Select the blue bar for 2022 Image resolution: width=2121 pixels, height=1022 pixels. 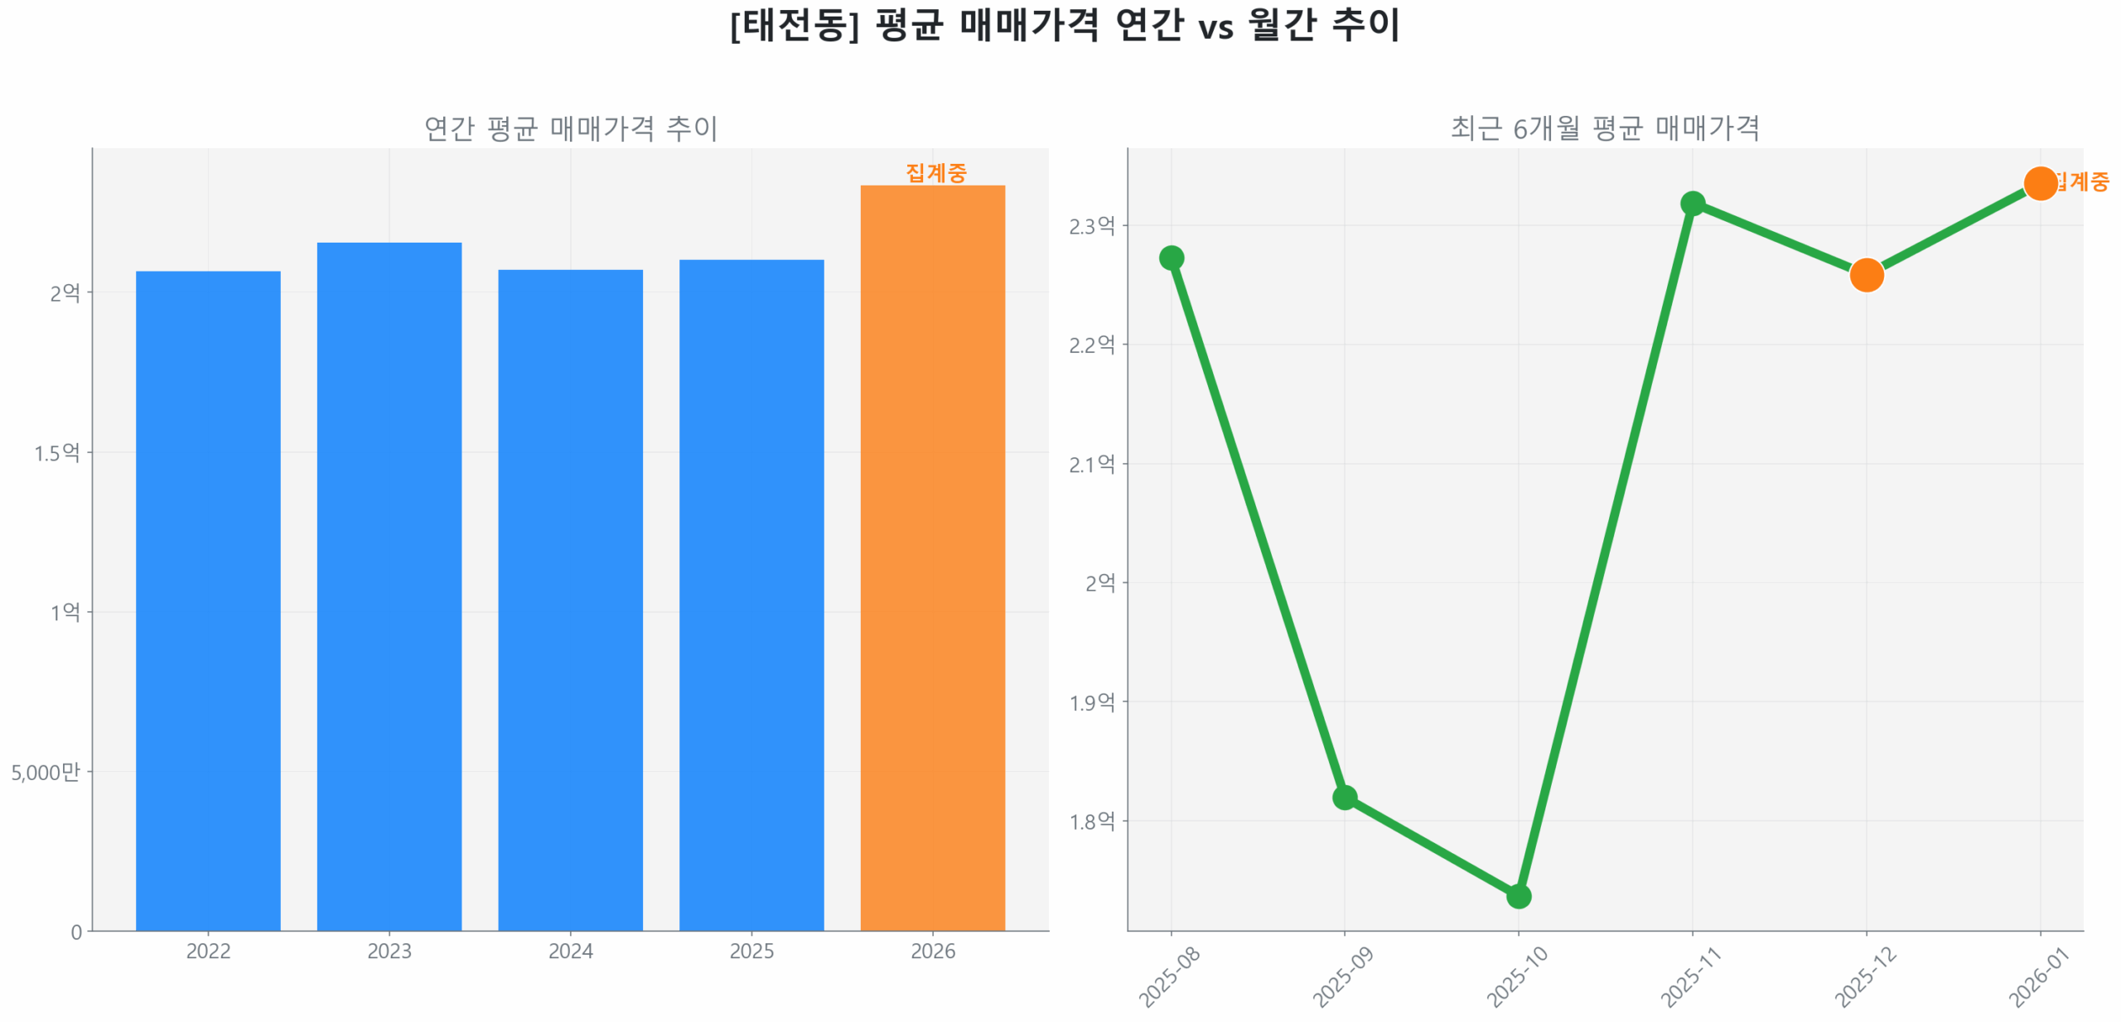pos(208,600)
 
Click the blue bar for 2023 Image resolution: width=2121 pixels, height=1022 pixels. pos(389,586)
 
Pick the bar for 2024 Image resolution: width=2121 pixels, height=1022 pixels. pos(570,600)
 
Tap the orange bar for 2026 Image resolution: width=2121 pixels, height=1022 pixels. pos(932,557)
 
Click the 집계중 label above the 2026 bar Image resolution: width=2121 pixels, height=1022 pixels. pos(935,172)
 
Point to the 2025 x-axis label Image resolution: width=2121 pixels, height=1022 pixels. pos(751,950)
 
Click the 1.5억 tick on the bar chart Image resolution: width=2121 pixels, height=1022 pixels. pos(56,452)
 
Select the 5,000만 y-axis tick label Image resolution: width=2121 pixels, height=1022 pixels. pos(46,772)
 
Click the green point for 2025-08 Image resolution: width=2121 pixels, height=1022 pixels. pos(1171,258)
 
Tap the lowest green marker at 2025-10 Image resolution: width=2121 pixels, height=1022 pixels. pos(1518,895)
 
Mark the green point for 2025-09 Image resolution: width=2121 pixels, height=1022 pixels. pos(1344,797)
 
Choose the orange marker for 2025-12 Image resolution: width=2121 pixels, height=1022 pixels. pos(1866,275)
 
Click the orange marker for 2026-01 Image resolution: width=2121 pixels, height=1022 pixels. pos(2040,183)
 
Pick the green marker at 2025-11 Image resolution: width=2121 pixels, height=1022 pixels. pos(1692,204)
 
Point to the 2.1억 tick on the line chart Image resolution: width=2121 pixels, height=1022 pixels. pos(1091,464)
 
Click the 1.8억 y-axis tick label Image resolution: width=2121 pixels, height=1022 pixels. pos(1091,821)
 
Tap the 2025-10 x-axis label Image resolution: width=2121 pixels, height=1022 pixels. pos(1517,976)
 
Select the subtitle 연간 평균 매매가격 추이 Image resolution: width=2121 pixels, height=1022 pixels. pos(571,128)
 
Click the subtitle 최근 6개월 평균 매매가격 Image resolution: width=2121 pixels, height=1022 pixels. pos(1604,128)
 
